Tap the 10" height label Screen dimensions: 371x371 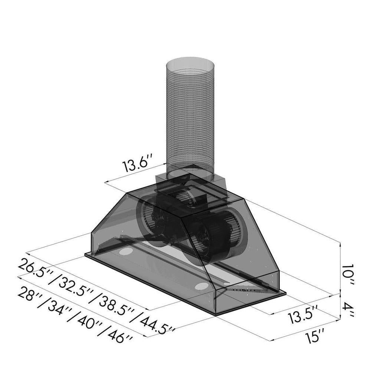coord(348,275)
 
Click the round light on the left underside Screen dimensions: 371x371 coord(126,253)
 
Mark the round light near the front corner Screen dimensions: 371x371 coord(202,286)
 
